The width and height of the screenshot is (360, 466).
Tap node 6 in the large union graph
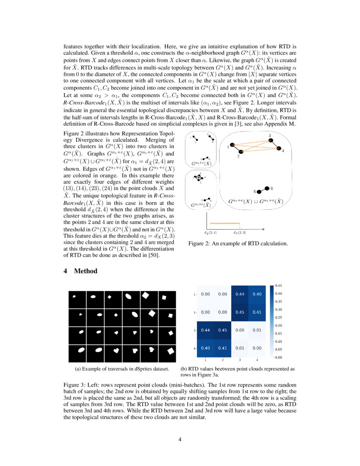[x=267, y=188]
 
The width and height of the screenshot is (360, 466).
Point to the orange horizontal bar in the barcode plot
[x=225, y=223]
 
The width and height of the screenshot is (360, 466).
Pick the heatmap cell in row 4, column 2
[x=222, y=348]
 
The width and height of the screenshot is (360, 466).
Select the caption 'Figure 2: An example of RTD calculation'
[x=238, y=244]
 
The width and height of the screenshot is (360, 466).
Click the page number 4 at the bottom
[x=180, y=439]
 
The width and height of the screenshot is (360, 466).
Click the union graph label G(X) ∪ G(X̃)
[x=255, y=202]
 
